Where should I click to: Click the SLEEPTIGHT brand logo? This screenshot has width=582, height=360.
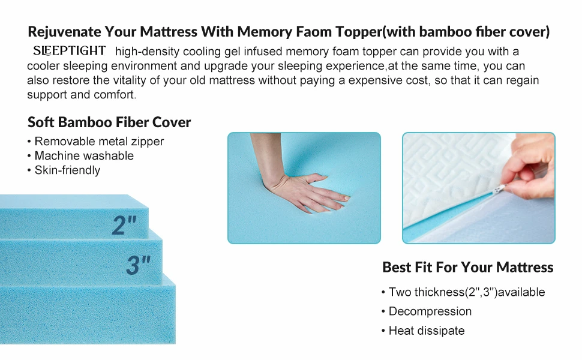[70, 51]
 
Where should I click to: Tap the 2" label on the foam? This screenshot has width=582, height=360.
[124, 225]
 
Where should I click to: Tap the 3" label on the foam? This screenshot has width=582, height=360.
[138, 265]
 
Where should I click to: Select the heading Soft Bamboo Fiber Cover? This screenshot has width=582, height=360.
[109, 122]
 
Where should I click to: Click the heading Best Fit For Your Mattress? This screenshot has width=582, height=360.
[467, 267]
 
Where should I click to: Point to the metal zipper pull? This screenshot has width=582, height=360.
[497, 190]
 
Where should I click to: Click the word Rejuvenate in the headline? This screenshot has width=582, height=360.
[64, 31]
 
